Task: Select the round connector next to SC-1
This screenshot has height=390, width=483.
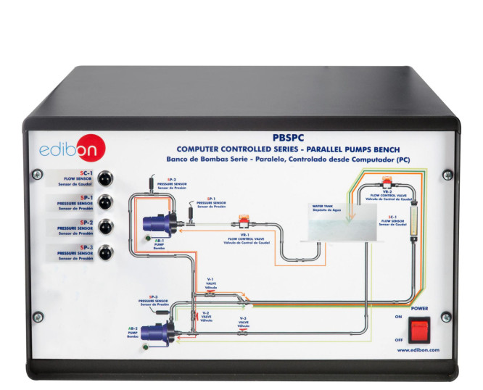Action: tap(107, 177)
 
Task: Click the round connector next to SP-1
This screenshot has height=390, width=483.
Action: tap(107, 202)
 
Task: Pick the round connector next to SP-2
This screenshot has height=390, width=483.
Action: tap(107, 227)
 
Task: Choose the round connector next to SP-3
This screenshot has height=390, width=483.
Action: tap(107, 253)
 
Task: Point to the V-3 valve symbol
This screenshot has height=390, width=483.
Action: tap(244, 334)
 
